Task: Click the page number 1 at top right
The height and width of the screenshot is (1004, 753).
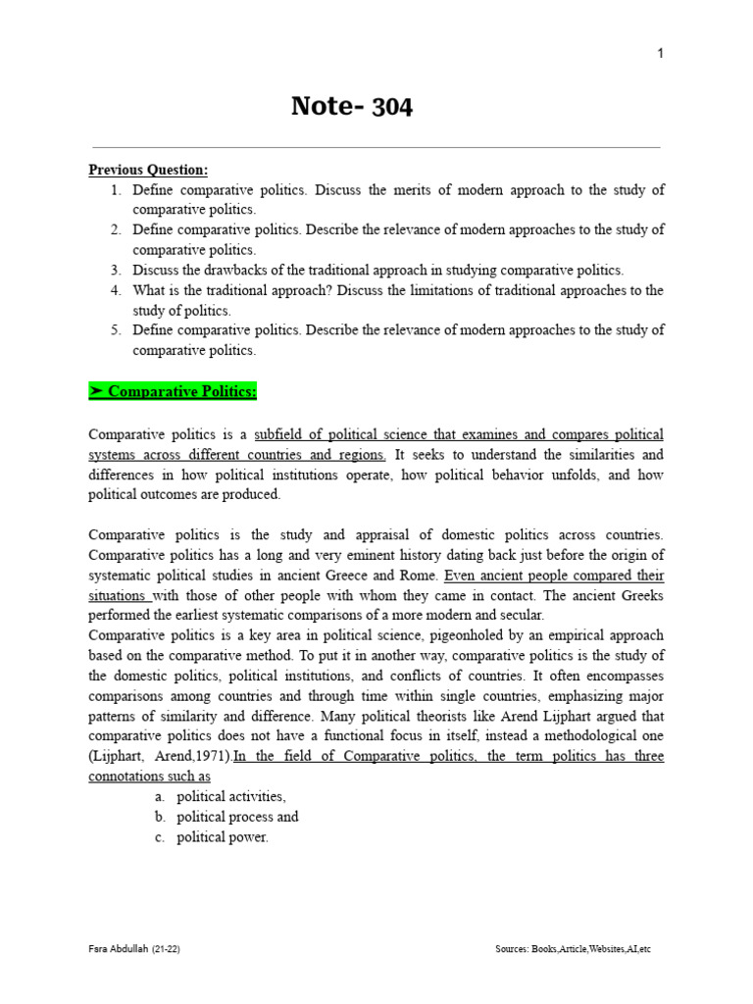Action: click(x=660, y=53)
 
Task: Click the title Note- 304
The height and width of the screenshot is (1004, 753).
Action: click(x=352, y=106)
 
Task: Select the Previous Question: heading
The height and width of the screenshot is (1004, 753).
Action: click(x=148, y=170)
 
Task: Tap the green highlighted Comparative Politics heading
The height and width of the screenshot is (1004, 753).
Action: click(x=173, y=392)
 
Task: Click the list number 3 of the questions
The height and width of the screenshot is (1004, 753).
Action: click(x=115, y=270)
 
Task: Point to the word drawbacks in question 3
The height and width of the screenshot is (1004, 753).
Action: click(x=234, y=270)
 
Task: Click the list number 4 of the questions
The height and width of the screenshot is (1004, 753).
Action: click(x=115, y=290)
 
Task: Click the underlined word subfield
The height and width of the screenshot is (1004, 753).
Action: click(x=280, y=433)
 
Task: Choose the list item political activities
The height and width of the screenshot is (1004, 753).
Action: click(x=231, y=796)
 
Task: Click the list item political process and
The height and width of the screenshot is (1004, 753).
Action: click(x=237, y=817)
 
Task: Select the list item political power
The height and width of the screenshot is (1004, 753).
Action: click(x=223, y=837)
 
